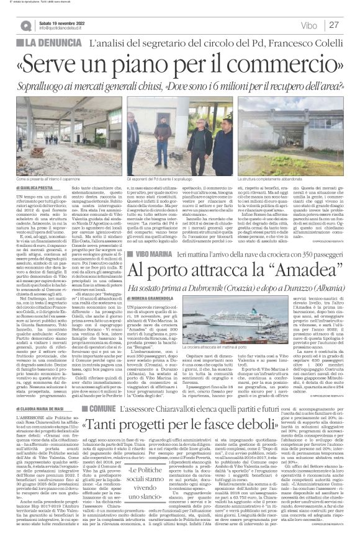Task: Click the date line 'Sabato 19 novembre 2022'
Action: tap(64, 22)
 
